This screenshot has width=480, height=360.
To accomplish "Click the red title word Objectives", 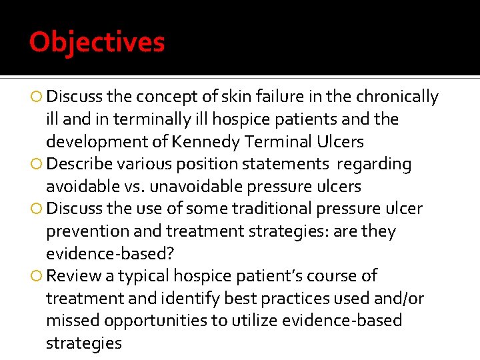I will point(97,43).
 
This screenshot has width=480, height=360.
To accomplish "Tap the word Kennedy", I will point(204,141).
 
